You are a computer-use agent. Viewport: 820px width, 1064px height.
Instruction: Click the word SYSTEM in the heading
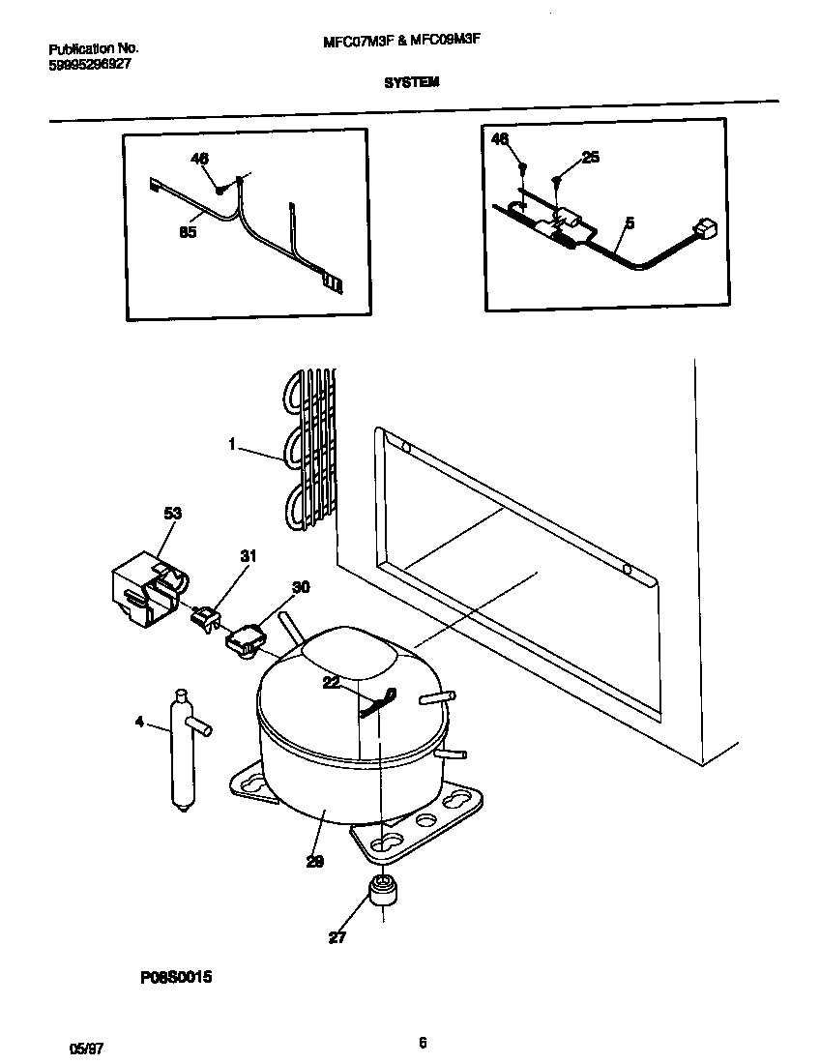coord(412,83)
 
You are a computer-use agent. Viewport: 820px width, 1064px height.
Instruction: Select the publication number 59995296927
coord(90,64)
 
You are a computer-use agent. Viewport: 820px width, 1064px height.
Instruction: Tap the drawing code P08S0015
coord(175,978)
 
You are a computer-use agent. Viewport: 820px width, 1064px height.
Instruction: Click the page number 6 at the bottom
coord(423,1042)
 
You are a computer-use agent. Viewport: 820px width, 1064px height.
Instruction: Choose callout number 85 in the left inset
coord(188,232)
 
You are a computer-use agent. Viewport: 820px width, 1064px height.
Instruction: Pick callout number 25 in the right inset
coord(590,158)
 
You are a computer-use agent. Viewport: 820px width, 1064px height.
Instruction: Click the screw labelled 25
coord(558,181)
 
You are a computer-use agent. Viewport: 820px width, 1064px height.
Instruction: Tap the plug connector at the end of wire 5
coord(706,229)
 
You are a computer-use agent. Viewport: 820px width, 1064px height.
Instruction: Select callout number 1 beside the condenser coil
coord(232,444)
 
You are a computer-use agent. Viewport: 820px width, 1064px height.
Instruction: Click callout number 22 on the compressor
coord(333,684)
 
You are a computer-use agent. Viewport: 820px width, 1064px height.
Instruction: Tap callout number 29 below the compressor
coord(315,861)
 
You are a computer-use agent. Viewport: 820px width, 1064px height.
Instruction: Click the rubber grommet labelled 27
coord(383,891)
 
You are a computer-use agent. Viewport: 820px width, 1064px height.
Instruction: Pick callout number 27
coord(337,936)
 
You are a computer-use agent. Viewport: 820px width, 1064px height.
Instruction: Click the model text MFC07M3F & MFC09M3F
coord(412,41)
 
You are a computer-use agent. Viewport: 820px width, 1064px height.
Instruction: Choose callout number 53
coord(172,513)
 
